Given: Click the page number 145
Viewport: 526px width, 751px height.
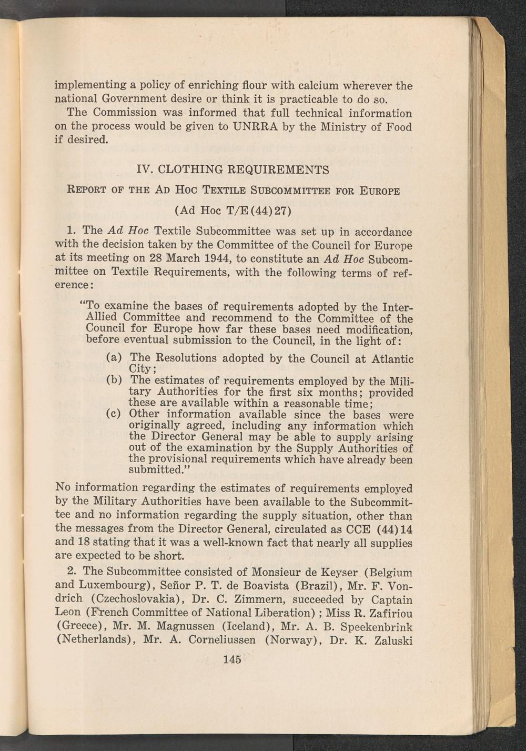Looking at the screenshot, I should coord(232,659).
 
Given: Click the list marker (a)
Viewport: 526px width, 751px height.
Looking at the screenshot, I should coord(114,358).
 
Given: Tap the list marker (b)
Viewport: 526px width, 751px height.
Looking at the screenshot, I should coord(114,380).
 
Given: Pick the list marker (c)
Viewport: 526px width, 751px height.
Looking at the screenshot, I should coord(114,414).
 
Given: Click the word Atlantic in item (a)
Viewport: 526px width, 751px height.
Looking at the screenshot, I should coord(392,359).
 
